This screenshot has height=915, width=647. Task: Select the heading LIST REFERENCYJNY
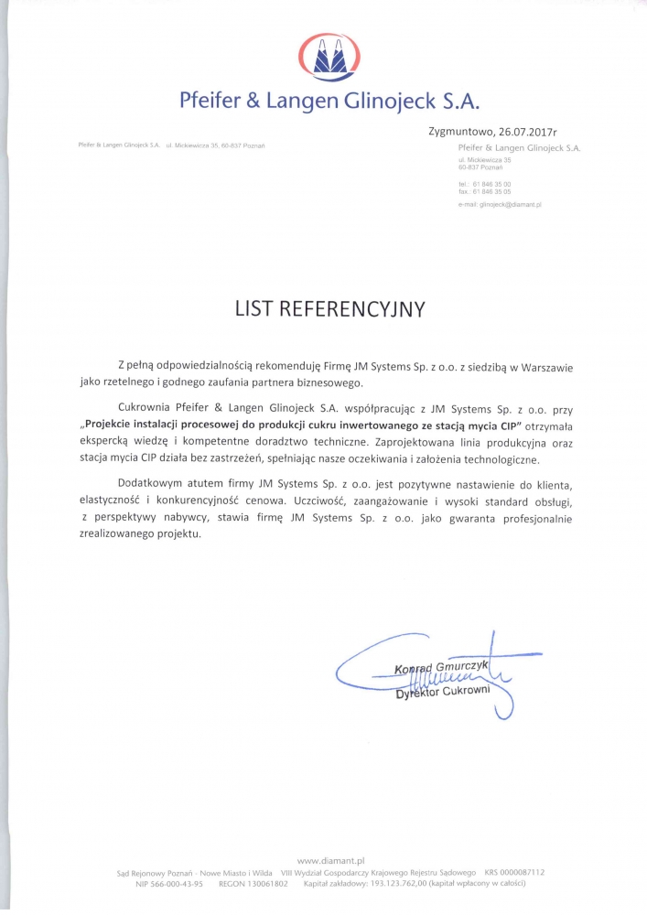[x=329, y=309]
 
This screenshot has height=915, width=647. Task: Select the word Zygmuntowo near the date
[x=463, y=132]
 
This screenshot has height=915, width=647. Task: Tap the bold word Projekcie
[x=113, y=425]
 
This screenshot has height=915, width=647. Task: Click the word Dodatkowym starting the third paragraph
[x=156, y=485]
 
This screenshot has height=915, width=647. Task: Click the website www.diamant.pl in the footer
[x=331, y=861]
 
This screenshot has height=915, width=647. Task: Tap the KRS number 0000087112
[x=523, y=872]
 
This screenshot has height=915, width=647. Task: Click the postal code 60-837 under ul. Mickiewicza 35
[x=469, y=168]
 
